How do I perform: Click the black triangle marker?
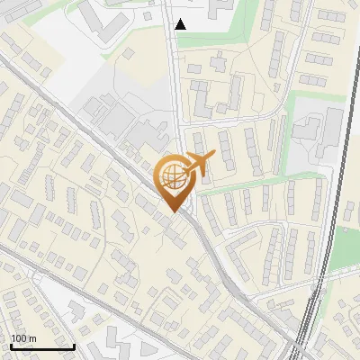click(181, 24)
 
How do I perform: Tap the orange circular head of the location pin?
click(173, 176)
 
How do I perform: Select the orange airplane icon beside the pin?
click(199, 164)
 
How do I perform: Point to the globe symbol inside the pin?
click(173, 177)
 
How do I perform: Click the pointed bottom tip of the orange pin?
click(173, 211)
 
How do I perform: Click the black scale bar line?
click(41, 346)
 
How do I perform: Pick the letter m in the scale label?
click(32, 338)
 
